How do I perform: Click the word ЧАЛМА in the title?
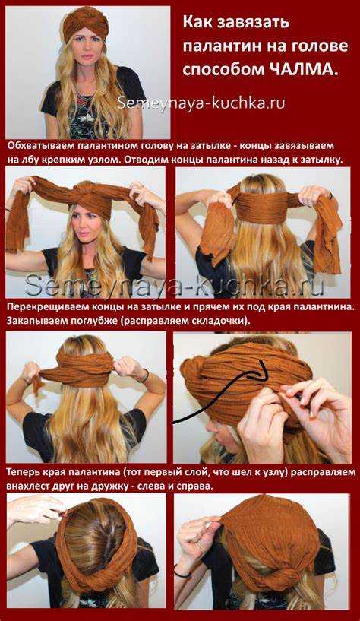pos(300,69)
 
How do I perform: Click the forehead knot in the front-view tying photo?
pos(88,194)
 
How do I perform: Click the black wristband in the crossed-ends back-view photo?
pos(145,375)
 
